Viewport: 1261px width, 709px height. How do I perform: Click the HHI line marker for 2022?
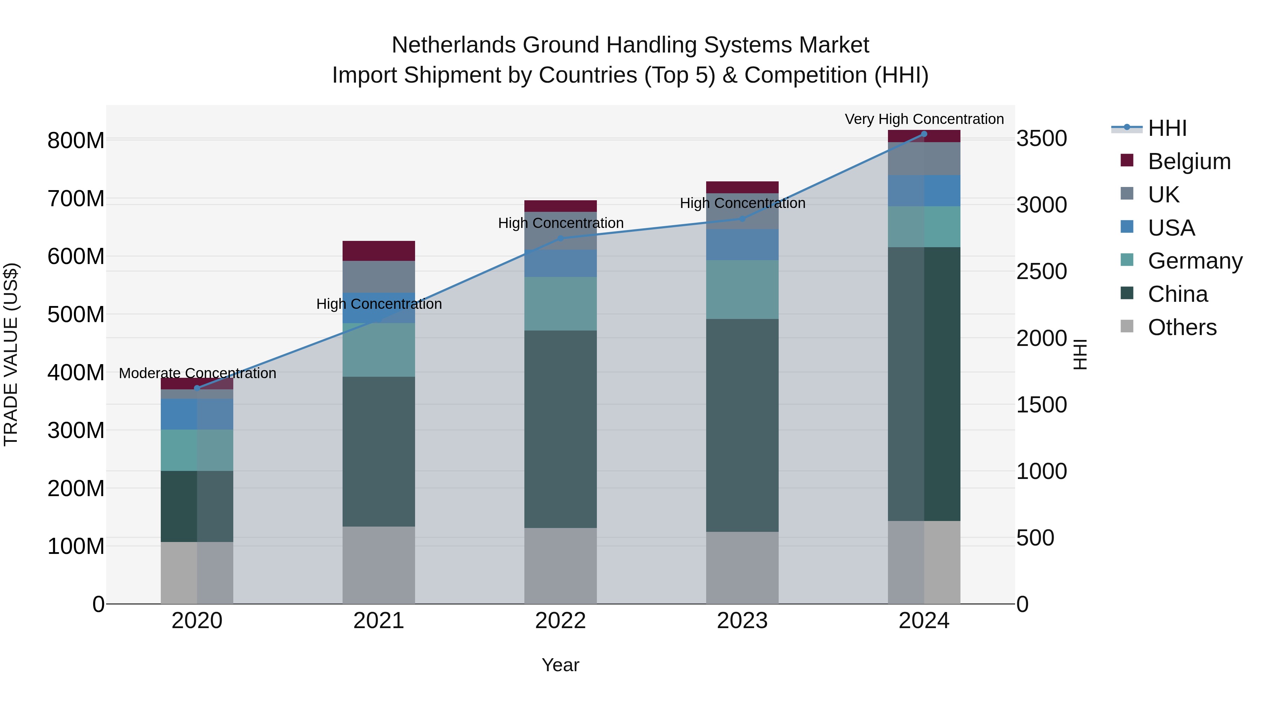coord(560,239)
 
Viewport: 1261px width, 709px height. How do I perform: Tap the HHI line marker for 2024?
coord(924,134)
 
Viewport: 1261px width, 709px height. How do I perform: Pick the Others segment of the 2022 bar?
coord(560,566)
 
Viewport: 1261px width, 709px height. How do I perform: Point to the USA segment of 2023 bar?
coord(742,245)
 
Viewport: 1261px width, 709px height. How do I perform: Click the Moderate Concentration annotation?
coord(197,373)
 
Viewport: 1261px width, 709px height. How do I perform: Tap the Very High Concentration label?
coord(924,119)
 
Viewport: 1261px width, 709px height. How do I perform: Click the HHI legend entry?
coord(1167,128)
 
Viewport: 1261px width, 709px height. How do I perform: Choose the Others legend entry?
coord(1182,327)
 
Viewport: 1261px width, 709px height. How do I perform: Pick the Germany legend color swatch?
coord(1127,260)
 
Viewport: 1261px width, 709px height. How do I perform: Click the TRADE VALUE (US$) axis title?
coord(11,354)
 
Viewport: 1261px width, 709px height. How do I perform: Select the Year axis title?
coord(560,665)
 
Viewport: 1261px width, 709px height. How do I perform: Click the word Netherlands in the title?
coord(453,45)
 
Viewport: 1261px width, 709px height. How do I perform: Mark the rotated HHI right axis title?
coord(1080,354)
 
